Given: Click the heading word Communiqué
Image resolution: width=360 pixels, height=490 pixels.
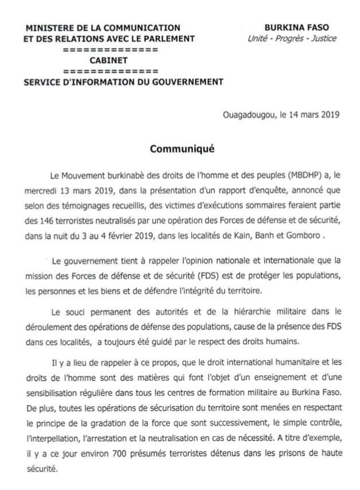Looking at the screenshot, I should tap(182, 148).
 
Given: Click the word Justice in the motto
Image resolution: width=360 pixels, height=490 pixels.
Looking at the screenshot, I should tap(322, 39).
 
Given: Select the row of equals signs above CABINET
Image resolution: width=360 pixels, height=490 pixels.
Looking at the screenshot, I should tap(110, 49).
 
